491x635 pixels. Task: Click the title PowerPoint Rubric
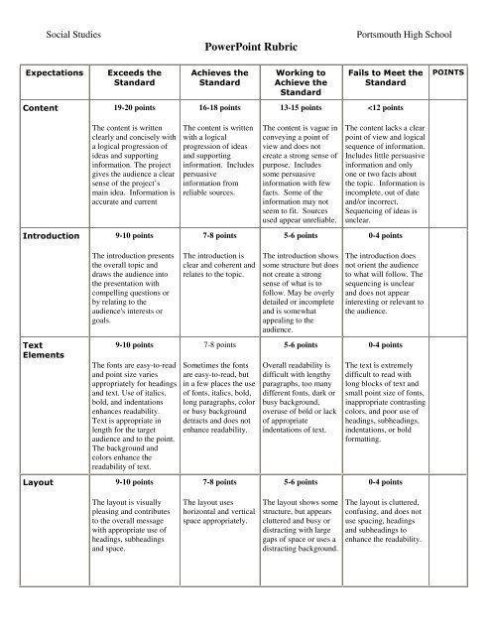pyautogui.click(x=245, y=47)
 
